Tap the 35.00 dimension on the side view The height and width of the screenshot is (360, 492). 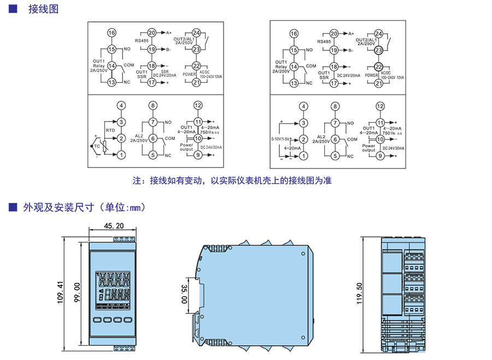click(184, 294)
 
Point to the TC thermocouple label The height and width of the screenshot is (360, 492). click(97, 147)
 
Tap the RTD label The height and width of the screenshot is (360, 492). click(110, 130)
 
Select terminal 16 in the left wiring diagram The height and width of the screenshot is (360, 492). click(112, 33)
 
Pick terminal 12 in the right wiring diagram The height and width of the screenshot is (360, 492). click(380, 106)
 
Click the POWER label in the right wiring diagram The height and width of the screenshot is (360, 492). click(372, 74)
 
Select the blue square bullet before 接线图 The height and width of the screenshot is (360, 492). click(13, 9)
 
